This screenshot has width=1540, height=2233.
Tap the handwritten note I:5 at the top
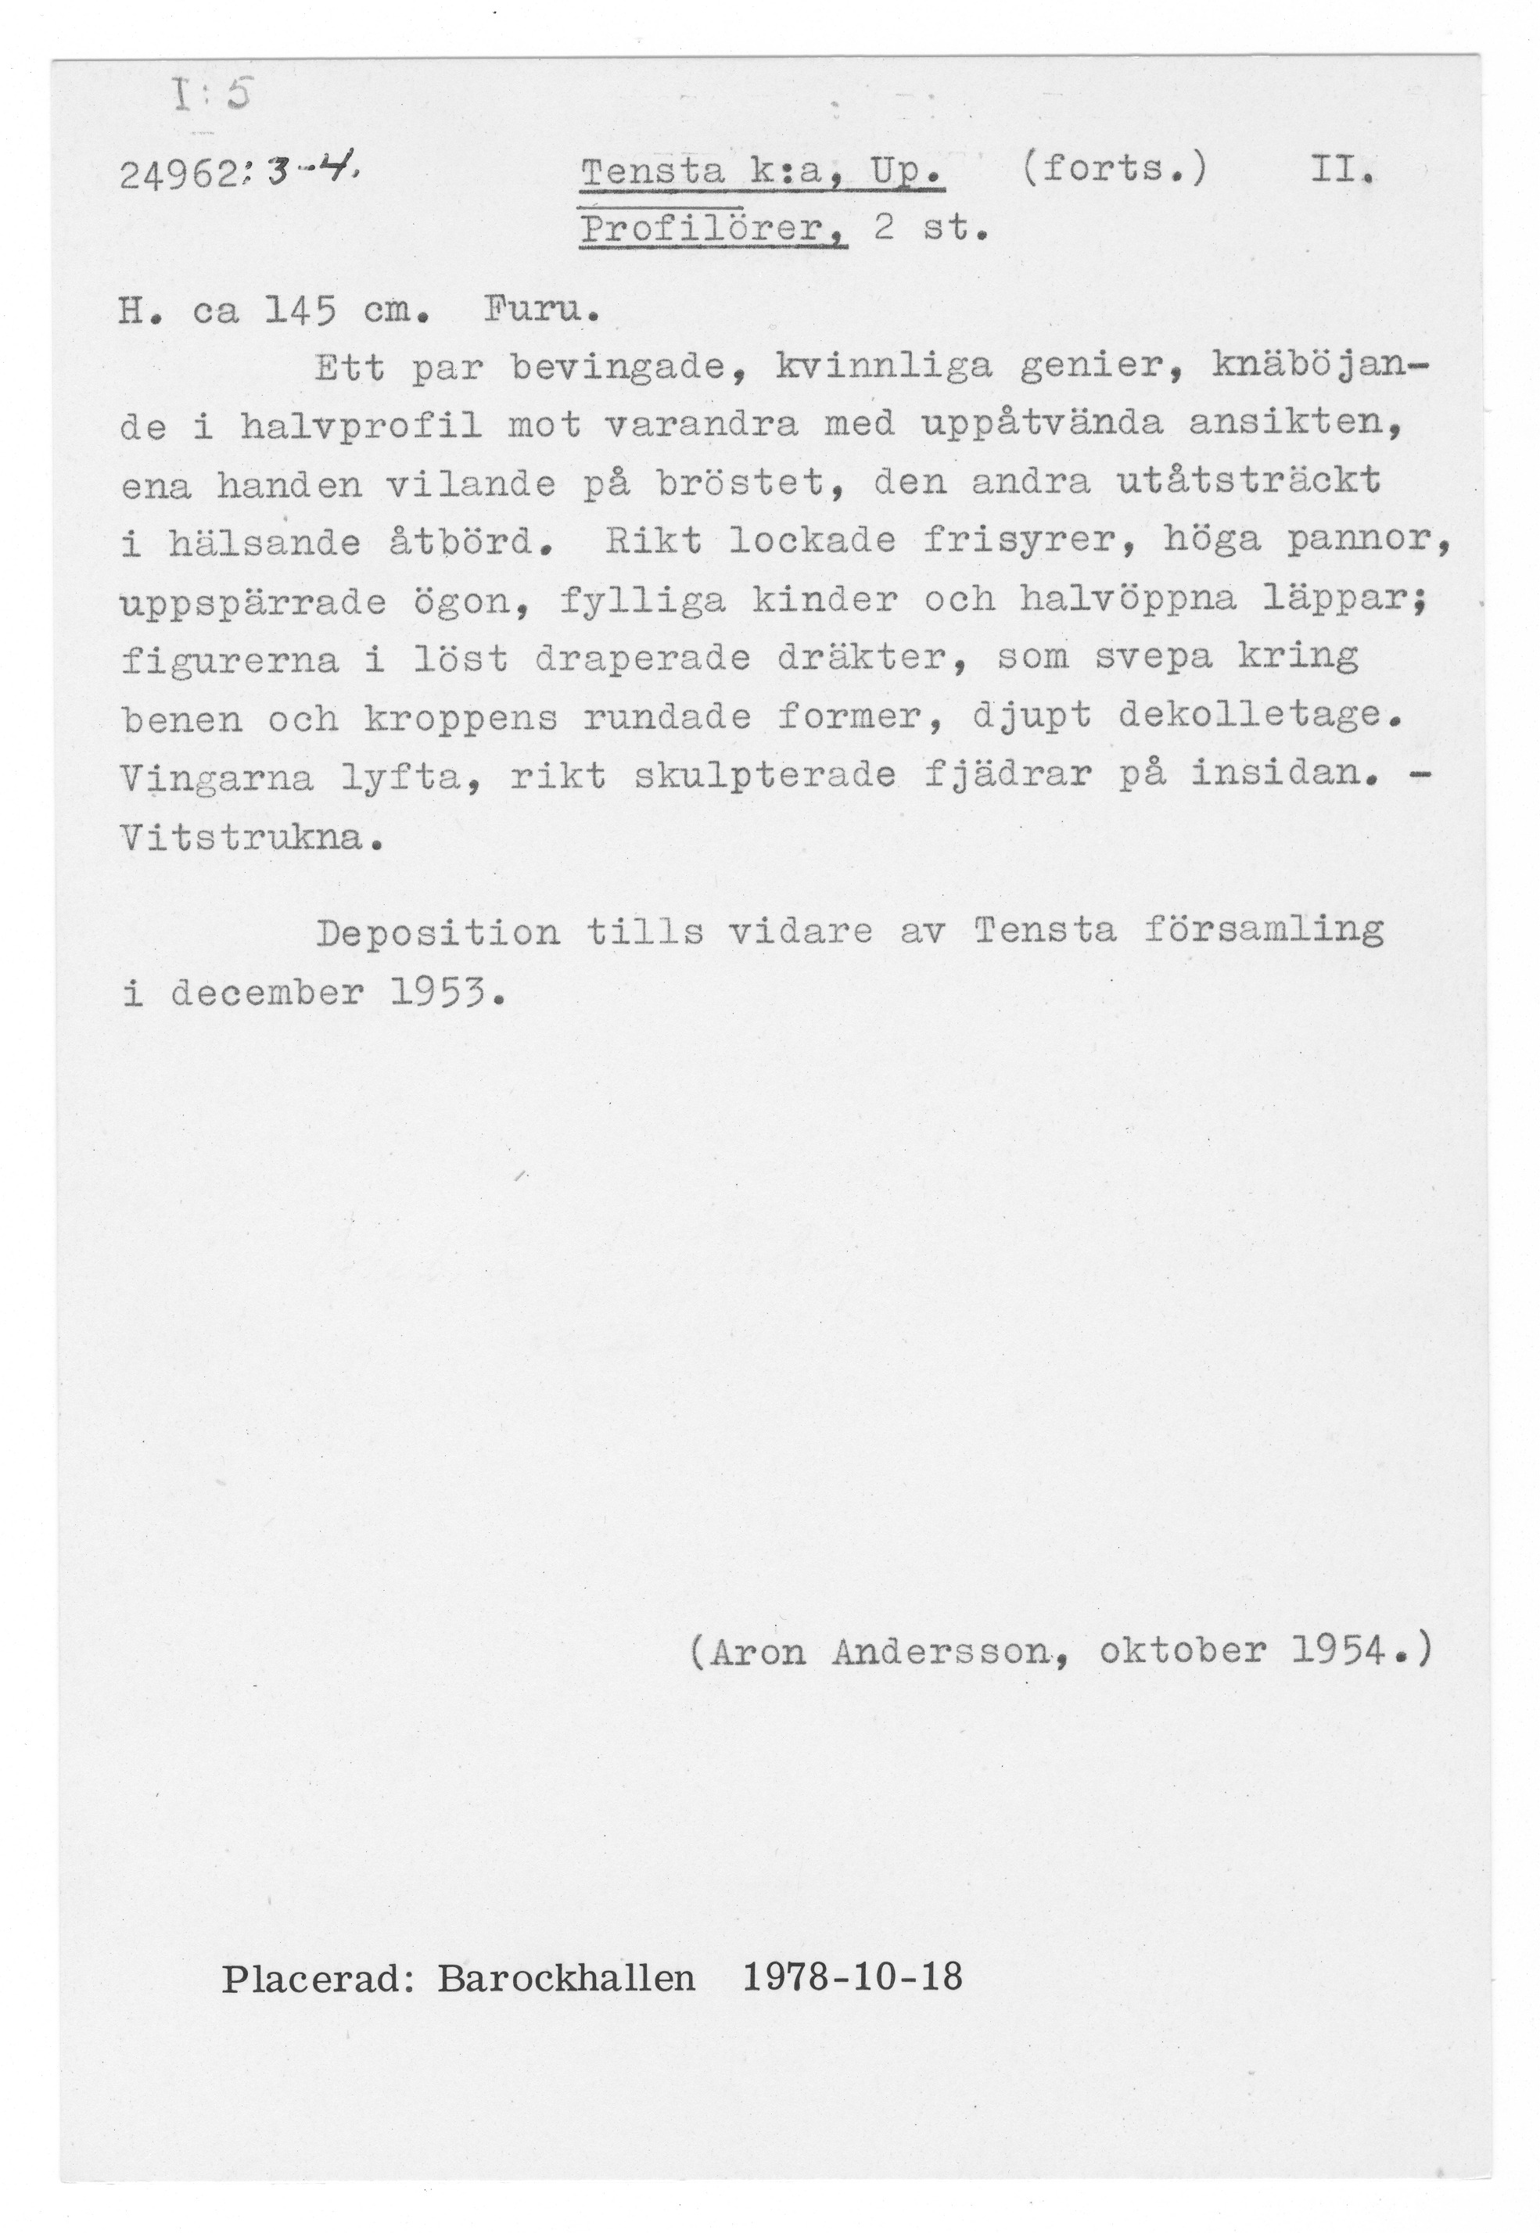click(210, 96)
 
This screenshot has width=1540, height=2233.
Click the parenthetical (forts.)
click(1112, 171)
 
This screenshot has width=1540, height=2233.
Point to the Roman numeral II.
click(1341, 172)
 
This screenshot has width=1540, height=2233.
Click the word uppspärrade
click(253, 602)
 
